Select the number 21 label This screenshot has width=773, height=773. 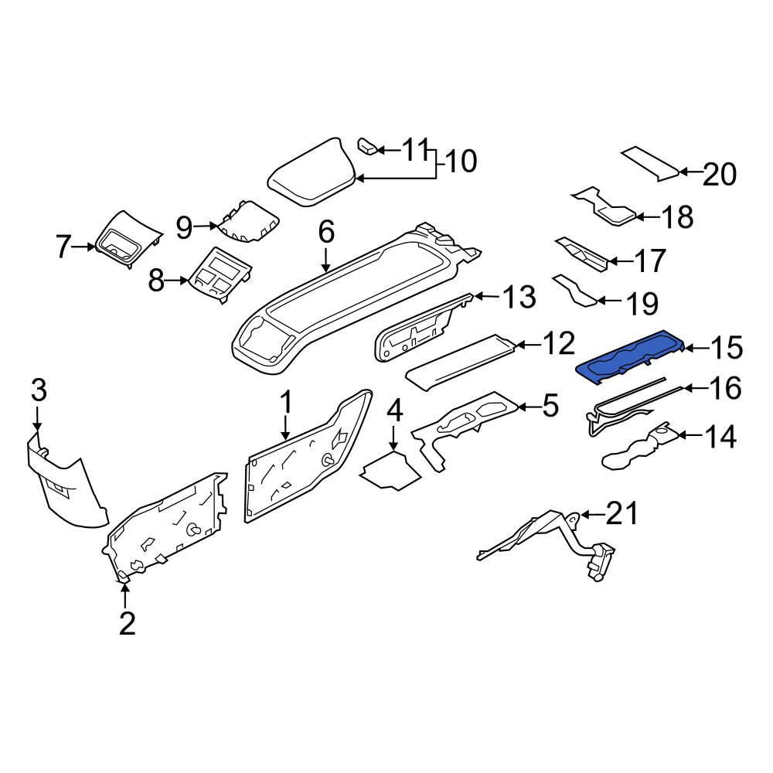(621, 513)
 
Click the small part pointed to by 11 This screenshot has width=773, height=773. (366, 146)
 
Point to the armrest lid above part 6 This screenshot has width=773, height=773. (312, 172)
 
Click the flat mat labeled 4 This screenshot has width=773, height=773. (390, 470)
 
